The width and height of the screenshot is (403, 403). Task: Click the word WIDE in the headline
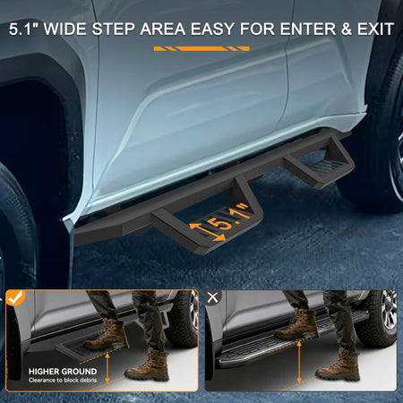pos(65,30)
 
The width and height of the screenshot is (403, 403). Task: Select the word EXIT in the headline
pos(375,30)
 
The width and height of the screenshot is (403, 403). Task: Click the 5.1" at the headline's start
pos(24,30)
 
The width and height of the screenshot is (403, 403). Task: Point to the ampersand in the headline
pos(346,30)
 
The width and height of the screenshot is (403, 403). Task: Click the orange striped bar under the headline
pos(201,48)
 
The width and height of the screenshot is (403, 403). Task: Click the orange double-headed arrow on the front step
pos(207,232)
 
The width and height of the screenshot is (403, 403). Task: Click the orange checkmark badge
pos(15,298)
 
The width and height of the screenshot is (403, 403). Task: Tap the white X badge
pos(212,297)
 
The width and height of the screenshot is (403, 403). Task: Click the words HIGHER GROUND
pos(63,372)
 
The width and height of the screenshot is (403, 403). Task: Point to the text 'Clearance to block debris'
pos(63,381)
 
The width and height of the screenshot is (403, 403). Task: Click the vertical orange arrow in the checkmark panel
pos(107,368)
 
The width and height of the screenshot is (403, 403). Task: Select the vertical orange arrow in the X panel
pos(299,363)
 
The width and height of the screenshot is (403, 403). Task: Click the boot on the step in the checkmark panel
pos(106,335)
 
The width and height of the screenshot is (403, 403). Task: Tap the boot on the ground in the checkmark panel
pos(148,366)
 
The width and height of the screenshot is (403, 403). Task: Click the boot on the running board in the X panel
pos(297,325)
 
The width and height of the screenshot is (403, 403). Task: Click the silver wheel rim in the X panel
pos(390,311)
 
